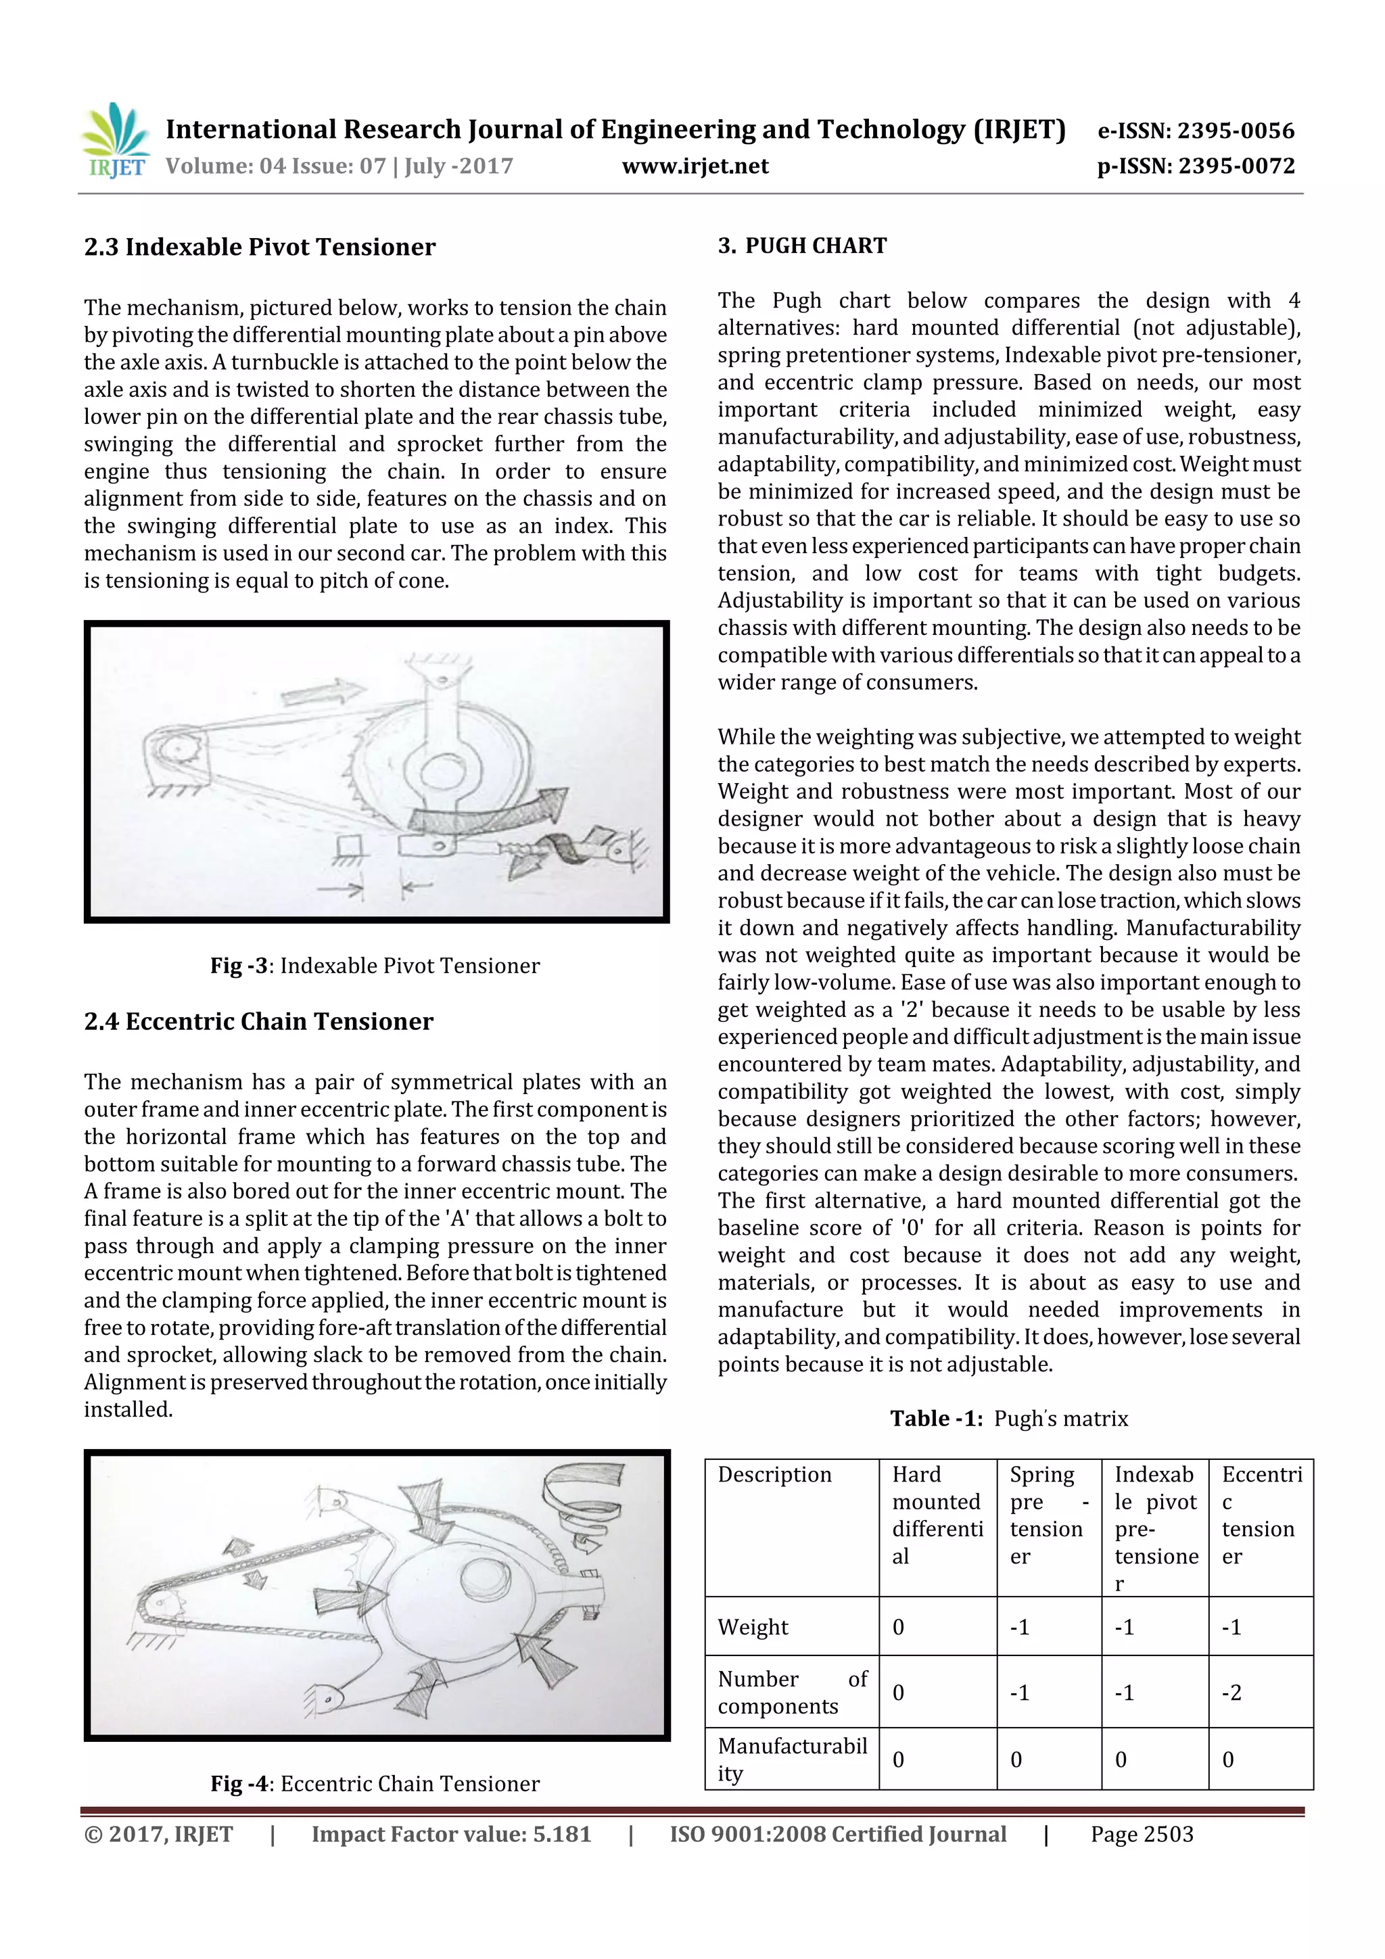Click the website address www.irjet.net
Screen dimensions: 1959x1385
click(x=695, y=166)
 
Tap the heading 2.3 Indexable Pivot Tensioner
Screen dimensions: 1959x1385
click(x=260, y=247)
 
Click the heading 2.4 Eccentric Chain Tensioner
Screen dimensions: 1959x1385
click(x=258, y=1021)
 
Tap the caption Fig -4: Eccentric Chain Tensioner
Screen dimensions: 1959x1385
click(x=375, y=1783)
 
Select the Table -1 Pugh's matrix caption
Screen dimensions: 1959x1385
click(x=1009, y=1418)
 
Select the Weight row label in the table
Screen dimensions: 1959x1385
click(x=753, y=1627)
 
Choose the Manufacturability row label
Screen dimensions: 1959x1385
click(x=791, y=1760)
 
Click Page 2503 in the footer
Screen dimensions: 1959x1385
click(x=1141, y=1835)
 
